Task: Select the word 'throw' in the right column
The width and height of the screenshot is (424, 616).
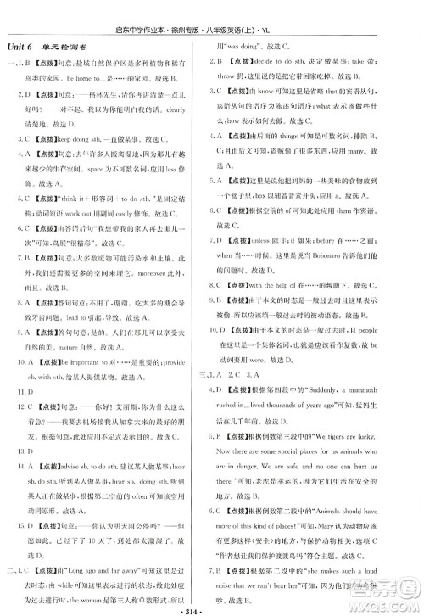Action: pyautogui.click(x=229, y=76)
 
